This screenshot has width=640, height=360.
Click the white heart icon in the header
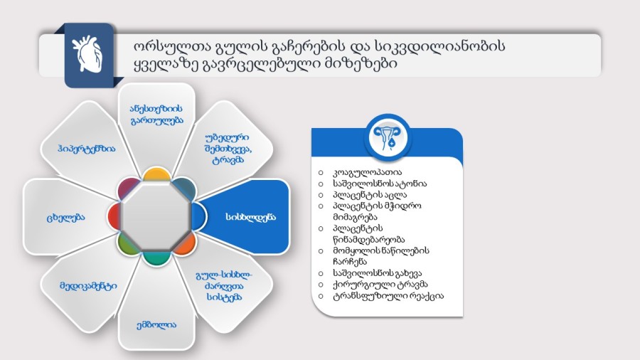click(87, 54)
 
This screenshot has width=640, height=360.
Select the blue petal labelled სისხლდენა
click(244, 216)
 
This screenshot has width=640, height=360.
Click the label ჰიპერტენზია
click(87, 149)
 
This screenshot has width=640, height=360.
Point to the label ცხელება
click(65, 217)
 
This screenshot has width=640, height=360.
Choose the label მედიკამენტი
click(89, 286)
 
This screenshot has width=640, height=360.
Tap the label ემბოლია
click(156, 325)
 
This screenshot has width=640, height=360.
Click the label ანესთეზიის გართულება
click(156, 115)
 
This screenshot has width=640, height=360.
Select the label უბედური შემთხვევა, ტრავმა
click(228, 149)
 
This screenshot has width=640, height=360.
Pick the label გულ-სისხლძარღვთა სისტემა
click(224, 286)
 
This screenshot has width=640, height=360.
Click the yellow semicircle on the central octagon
click(156, 174)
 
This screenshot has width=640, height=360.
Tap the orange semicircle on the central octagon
click(186, 243)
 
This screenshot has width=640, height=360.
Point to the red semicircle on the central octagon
click(114, 216)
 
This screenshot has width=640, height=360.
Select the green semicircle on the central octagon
click(127, 245)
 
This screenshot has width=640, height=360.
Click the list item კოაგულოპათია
click(367, 172)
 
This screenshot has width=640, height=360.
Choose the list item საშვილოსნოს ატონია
click(380, 184)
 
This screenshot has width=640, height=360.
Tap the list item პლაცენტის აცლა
click(369, 195)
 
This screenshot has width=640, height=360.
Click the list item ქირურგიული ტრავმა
click(380, 285)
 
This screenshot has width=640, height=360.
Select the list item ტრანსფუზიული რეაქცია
click(388, 296)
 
